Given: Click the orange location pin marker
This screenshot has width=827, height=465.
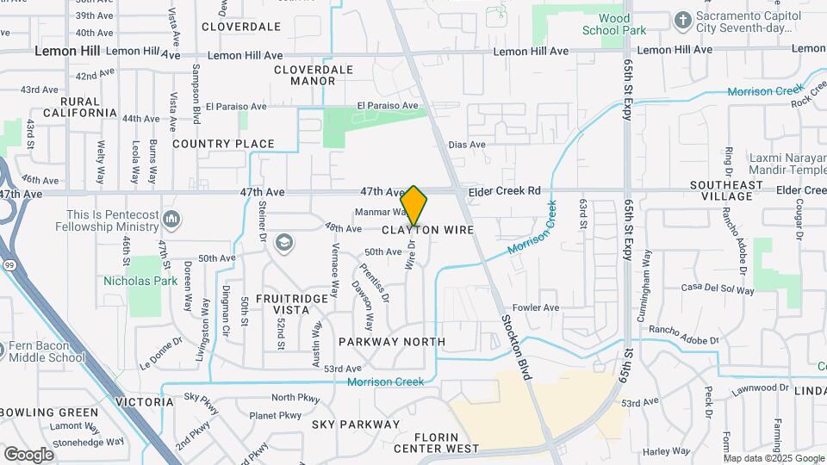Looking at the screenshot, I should click(414, 205).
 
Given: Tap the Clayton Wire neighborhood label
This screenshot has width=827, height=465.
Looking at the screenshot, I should click(427, 231).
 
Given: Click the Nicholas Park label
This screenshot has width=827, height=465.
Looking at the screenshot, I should click(140, 281).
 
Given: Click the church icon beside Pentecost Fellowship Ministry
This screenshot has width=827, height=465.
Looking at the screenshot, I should click(171, 220).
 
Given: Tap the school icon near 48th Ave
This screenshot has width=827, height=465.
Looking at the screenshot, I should click(283, 244).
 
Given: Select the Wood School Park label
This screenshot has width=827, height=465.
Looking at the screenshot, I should click(626, 24).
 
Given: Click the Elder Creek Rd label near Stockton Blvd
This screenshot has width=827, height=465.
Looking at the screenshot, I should click(504, 190).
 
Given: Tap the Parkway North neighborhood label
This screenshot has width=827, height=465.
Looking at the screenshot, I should click(392, 342).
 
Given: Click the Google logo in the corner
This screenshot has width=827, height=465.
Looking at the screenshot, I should click(28, 454).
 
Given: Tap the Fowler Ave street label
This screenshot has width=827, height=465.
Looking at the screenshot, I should click(536, 307).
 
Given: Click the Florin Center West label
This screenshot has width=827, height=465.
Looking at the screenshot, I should click(436, 443).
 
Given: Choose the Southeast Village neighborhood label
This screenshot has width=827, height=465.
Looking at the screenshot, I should click(726, 190).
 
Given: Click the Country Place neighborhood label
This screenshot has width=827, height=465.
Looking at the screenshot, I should click(223, 144).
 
